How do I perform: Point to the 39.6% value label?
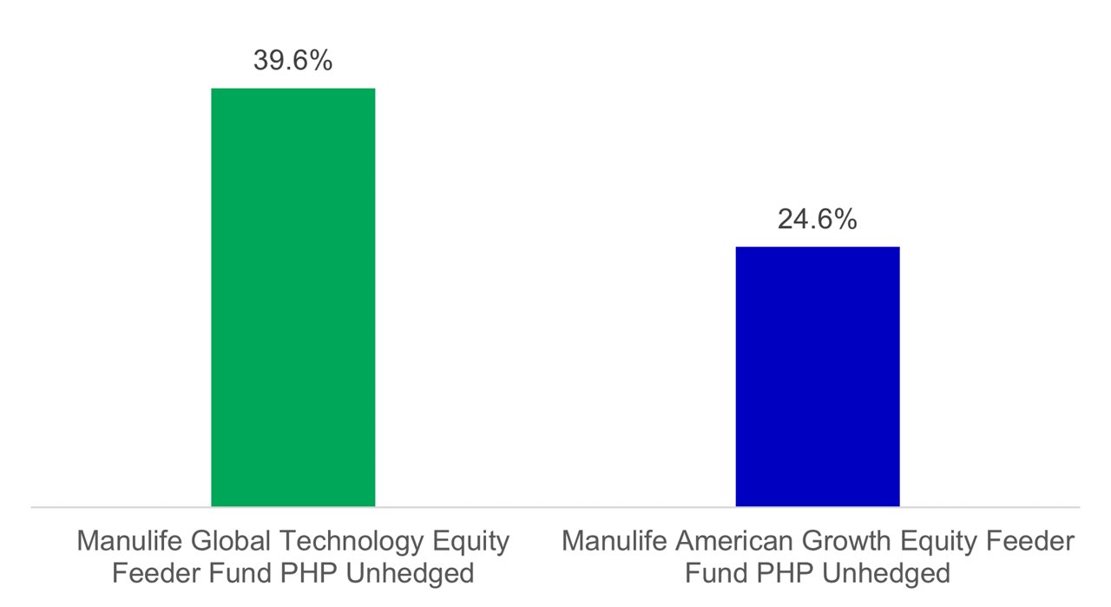pos(293,60)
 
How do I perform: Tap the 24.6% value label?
pos(817,219)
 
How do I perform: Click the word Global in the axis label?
pos(232,542)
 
